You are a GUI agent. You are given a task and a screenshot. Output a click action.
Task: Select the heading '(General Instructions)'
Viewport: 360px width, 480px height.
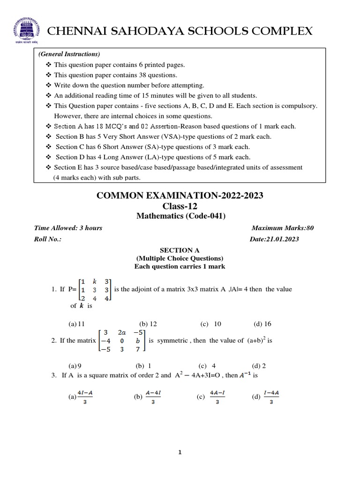pyautogui.click(x=69, y=54)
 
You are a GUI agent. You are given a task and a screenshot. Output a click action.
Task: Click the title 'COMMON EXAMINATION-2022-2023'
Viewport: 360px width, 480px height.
pyautogui.click(x=180, y=196)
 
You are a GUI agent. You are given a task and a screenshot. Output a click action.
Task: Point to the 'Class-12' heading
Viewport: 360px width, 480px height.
pyautogui.click(x=180, y=206)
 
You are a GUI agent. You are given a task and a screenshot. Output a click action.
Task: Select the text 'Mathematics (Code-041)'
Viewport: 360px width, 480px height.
pyautogui.click(x=180, y=216)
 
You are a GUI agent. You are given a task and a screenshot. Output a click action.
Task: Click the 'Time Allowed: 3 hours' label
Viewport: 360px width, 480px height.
pyautogui.click(x=68, y=228)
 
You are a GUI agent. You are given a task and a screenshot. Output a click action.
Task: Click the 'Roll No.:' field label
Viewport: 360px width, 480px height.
pyautogui.click(x=48, y=239)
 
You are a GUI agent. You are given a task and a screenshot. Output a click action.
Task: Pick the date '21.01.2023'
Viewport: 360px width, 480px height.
pyautogui.click(x=282, y=239)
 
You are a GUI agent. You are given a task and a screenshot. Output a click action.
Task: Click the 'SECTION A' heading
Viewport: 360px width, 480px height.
pyautogui.click(x=180, y=251)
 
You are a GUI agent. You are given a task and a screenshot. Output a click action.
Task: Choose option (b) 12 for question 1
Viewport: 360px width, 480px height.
pyautogui.click(x=148, y=324)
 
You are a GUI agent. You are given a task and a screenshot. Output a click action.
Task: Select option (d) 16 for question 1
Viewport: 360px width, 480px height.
pyautogui.click(x=262, y=324)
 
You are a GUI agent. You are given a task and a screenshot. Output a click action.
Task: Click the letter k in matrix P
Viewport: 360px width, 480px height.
pyautogui.click(x=94, y=281)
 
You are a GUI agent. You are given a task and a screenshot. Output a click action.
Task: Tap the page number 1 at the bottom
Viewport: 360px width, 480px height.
pyautogui.click(x=180, y=452)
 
